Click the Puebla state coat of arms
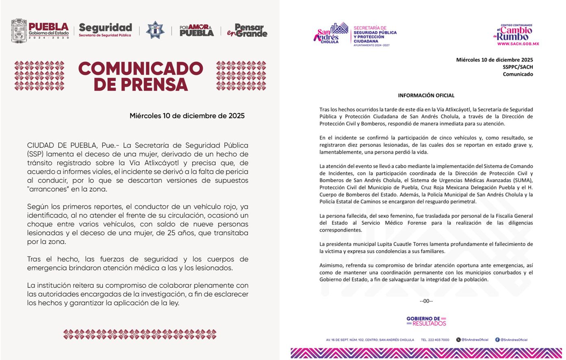(x=19, y=30)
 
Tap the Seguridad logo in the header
(x=105, y=30)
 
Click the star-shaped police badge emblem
(x=155, y=30)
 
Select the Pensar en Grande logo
(x=247, y=30)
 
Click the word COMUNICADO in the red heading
(x=141, y=69)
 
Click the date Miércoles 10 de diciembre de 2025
(x=187, y=116)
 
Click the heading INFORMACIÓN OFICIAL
(x=426, y=95)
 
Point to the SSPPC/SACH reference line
(x=517, y=67)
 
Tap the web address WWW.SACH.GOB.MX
(x=518, y=44)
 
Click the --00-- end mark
(x=426, y=301)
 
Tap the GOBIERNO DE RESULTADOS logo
(x=426, y=321)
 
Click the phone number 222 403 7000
(x=435, y=340)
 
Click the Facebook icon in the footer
(x=497, y=340)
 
